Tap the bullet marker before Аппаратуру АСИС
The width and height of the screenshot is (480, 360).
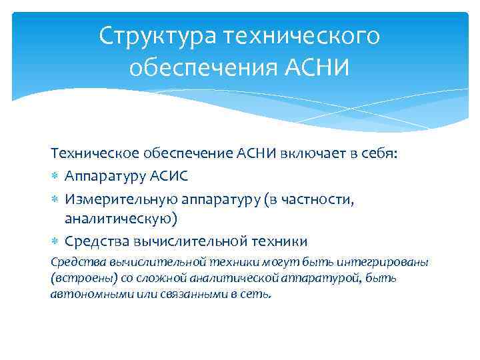pyautogui.click(x=55, y=176)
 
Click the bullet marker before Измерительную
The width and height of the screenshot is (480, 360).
pyautogui.click(x=55, y=198)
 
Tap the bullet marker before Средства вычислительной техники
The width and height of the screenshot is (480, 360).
pyautogui.click(x=55, y=241)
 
